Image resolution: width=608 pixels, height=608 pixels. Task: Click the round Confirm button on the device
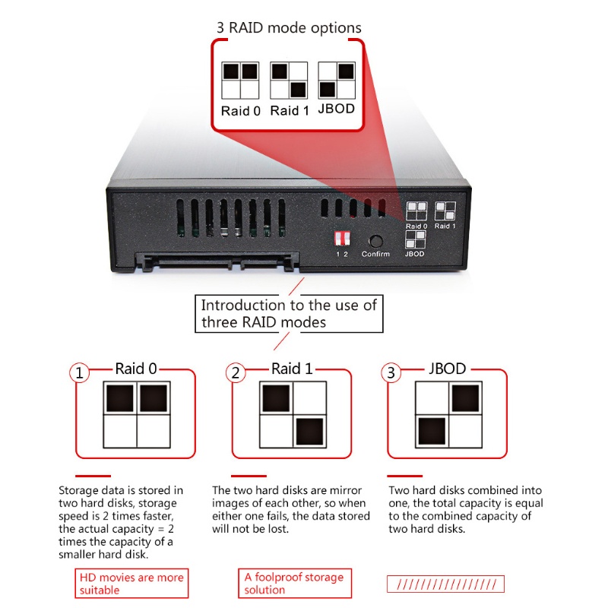pyautogui.click(x=375, y=239)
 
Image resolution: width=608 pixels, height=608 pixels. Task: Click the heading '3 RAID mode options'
pyautogui.click(x=288, y=28)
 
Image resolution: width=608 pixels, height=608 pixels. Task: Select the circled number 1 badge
pyautogui.click(x=80, y=373)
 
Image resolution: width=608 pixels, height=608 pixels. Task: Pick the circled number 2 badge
pyautogui.click(x=236, y=373)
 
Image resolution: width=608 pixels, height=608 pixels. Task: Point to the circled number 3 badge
pyautogui.click(x=391, y=373)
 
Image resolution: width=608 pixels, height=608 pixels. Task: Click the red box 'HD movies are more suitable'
pyautogui.click(x=131, y=583)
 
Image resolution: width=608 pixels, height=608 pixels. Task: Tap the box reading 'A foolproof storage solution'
pyautogui.click(x=294, y=583)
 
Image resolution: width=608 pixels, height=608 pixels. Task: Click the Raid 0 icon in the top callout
pyautogui.click(x=240, y=81)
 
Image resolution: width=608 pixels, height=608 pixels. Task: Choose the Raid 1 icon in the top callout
pyautogui.click(x=289, y=81)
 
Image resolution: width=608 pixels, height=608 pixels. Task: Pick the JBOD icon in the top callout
pyautogui.click(x=337, y=81)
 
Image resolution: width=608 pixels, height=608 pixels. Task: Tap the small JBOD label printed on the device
pyautogui.click(x=415, y=254)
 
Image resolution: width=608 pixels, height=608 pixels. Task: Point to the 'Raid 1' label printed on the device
pyautogui.click(x=445, y=226)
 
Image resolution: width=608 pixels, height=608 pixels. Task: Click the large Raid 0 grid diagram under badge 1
pyautogui.click(x=137, y=415)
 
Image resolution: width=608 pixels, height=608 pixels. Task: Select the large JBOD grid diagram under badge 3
pyautogui.click(x=448, y=415)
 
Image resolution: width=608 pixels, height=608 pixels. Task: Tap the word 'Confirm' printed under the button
pyautogui.click(x=375, y=254)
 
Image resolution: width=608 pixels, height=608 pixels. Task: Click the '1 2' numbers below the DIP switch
pyautogui.click(x=341, y=254)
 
